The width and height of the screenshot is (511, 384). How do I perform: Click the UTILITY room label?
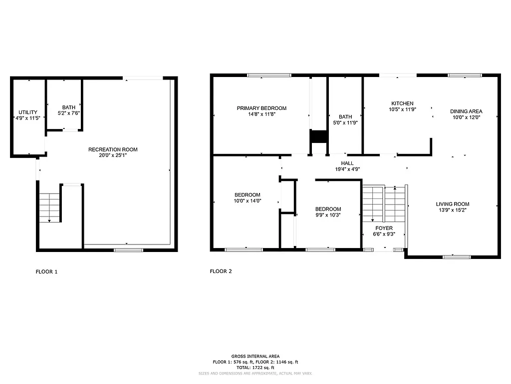pos(27,112)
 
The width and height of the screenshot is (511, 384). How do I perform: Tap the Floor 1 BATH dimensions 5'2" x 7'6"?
pos(69,113)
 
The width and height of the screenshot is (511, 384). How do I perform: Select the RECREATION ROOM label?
pos(113,149)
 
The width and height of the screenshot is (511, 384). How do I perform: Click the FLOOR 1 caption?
pos(47,272)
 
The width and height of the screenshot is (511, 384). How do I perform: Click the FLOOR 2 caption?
pos(221,271)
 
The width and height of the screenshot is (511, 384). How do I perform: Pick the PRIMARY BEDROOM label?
pos(261,108)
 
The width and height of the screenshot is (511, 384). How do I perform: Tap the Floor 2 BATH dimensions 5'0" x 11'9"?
pos(345,122)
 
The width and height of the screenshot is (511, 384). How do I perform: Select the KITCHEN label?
pos(402,103)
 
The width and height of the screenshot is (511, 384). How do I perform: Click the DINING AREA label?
pos(466,111)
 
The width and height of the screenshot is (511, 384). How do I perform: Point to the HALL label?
pos(347,163)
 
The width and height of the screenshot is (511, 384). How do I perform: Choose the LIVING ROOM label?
pos(453,204)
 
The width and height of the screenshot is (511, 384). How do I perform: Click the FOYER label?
pos(384,228)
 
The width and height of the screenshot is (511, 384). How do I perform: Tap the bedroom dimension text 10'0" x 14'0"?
pos(248,201)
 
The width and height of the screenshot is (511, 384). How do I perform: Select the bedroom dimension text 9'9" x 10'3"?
pos(328,215)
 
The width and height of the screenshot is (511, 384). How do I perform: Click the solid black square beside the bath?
pos(317,136)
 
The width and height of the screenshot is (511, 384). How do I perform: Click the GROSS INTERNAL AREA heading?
pos(255,356)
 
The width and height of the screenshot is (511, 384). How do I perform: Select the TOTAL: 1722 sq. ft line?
pos(255,367)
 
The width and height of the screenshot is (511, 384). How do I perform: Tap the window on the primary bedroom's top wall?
pos(269,75)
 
